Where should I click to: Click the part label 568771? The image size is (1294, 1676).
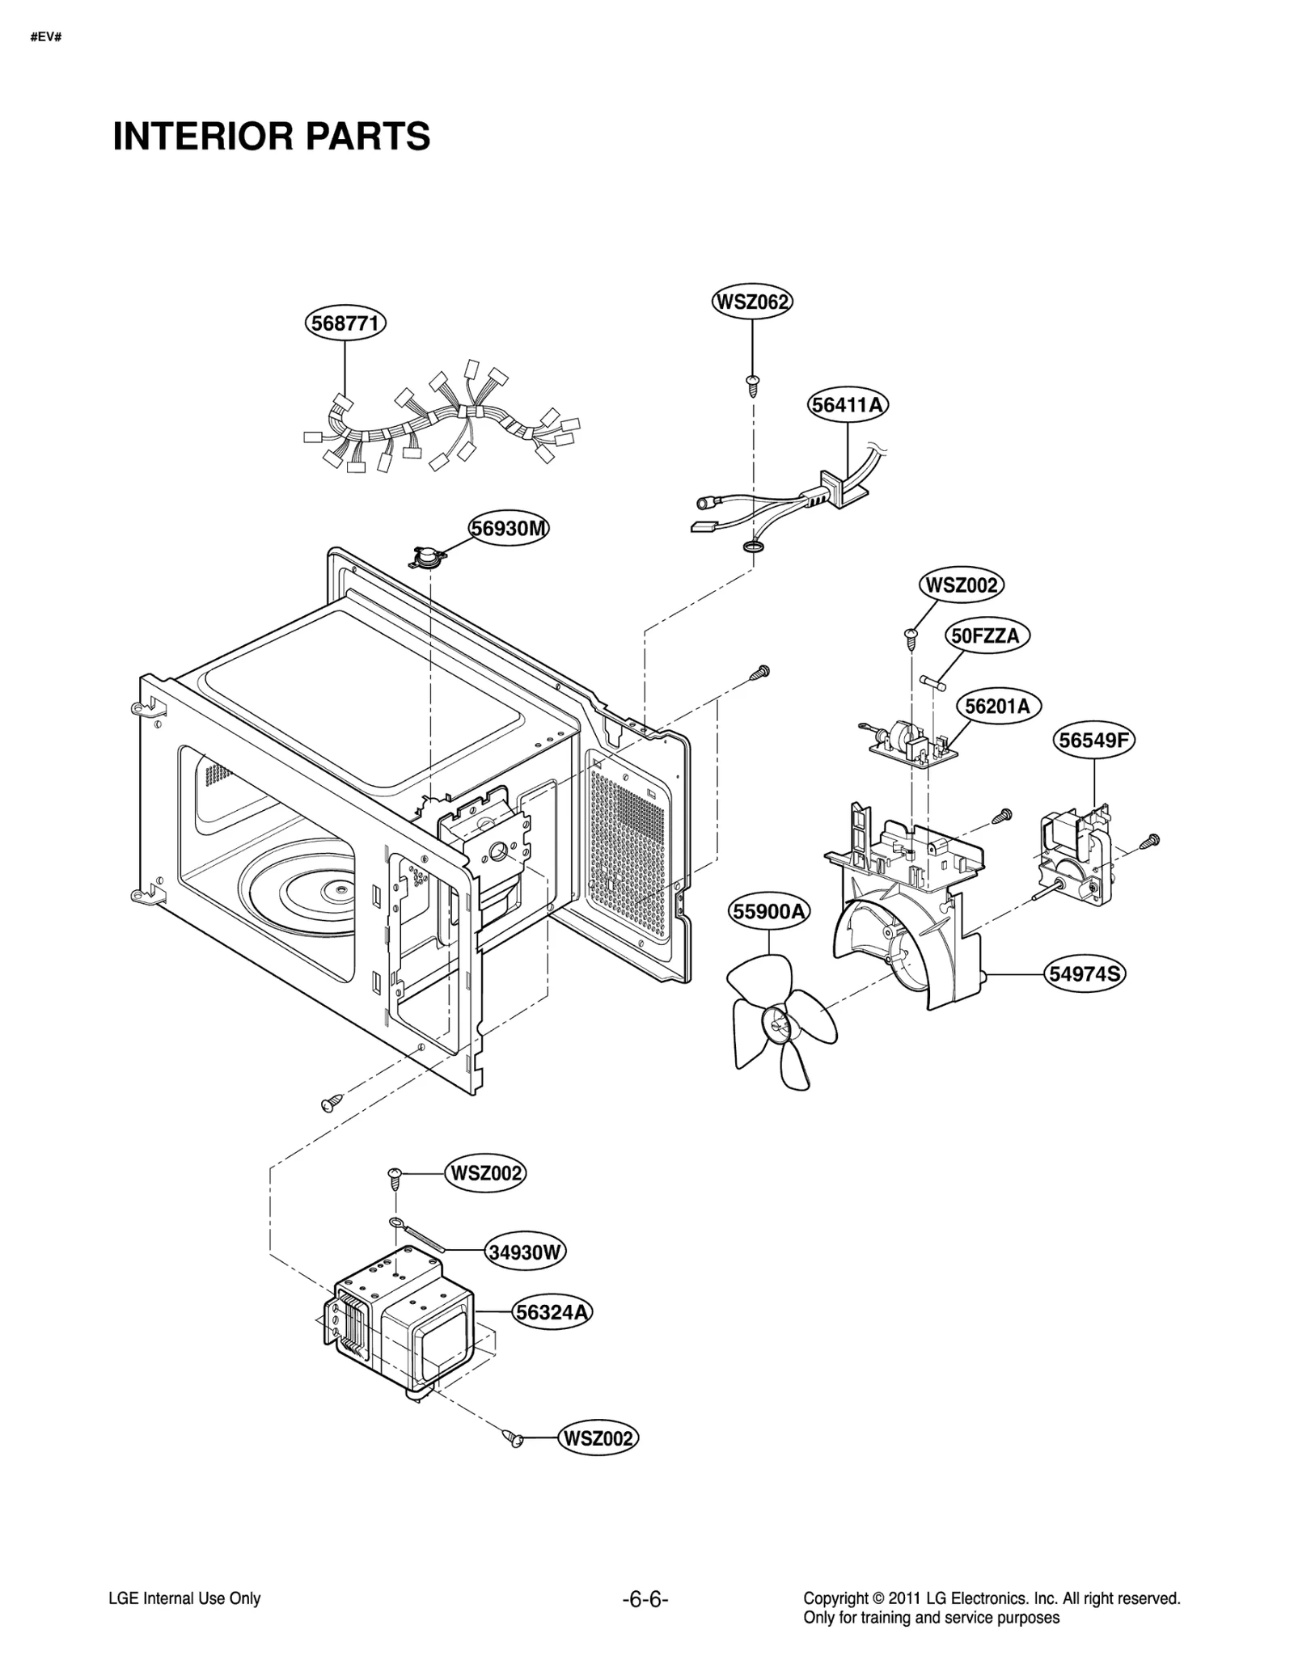345,323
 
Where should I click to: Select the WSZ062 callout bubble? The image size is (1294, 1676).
752,302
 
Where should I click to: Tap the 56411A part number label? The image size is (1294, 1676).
848,404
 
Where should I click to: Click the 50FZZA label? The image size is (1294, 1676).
986,635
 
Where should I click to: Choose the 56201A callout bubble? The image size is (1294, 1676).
998,706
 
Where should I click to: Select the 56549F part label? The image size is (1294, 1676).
1094,740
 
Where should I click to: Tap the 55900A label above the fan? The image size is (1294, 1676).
768,912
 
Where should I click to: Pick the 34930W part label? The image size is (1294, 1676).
525,1252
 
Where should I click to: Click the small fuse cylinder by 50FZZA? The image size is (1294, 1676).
933,683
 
